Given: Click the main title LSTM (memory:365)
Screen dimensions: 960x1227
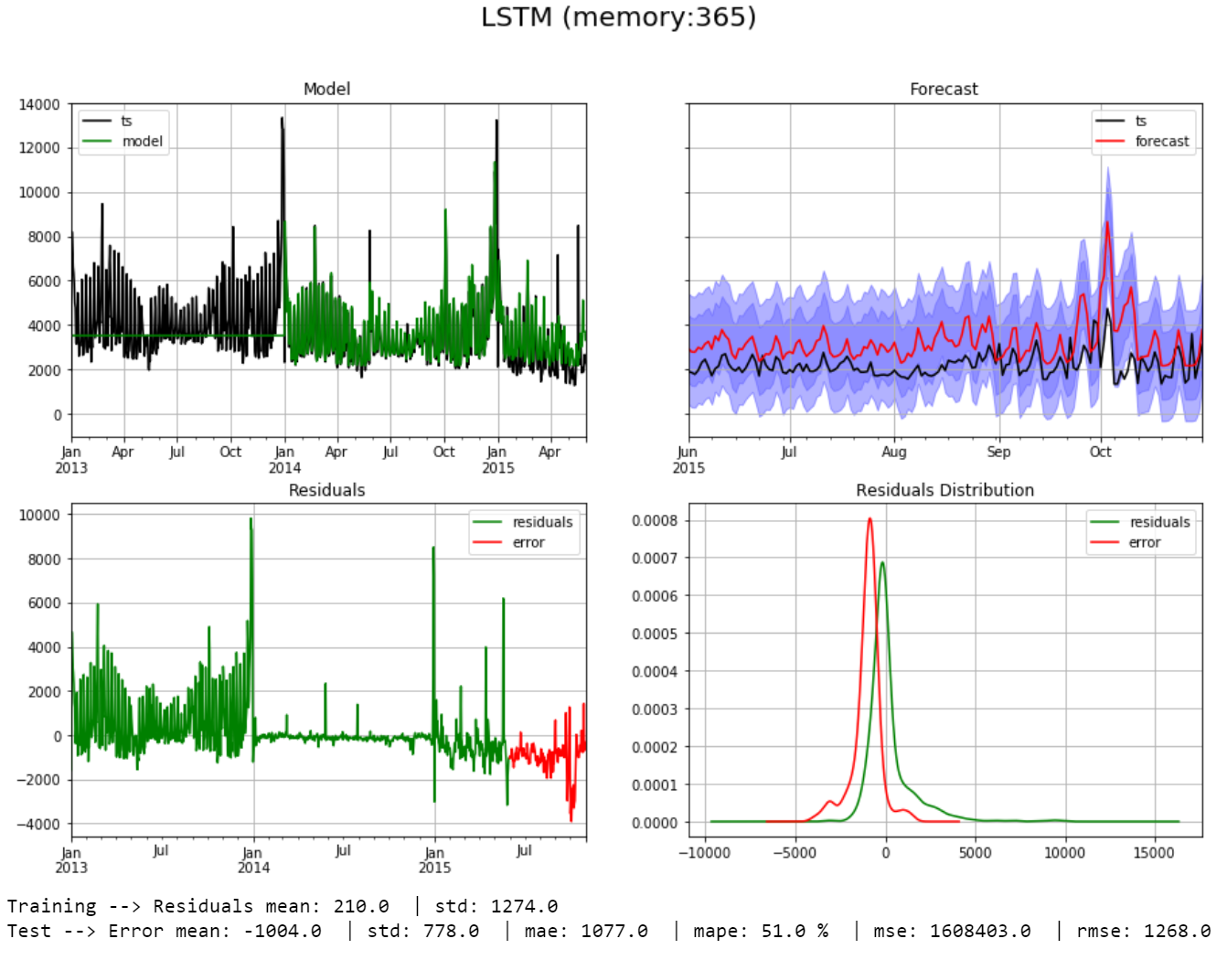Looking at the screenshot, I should tap(618, 17).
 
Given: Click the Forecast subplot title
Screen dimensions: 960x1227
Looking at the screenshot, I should tap(944, 89).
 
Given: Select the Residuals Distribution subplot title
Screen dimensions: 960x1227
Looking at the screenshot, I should tap(944, 490).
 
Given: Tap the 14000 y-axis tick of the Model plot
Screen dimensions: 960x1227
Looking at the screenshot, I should tap(39, 105).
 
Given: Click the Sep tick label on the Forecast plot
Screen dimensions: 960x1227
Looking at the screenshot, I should tap(998, 452).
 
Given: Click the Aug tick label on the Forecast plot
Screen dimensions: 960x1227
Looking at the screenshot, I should tap(894, 452).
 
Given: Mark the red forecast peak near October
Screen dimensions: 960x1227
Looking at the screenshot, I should tap(1107, 222).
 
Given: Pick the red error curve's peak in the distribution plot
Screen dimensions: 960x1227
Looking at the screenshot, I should tap(870, 519).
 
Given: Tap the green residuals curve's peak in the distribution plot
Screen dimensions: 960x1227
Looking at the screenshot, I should tap(882, 563).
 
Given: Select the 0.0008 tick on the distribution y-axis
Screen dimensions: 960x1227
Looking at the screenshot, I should tap(655, 521).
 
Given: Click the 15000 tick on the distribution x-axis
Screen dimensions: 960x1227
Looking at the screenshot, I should tap(1154, 853).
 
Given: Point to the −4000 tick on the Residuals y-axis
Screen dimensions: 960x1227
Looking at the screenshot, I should tap(38, 825).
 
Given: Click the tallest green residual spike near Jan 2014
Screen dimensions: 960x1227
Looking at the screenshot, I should tap(251, 519).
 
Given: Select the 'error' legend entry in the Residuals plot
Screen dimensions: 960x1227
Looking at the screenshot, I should tap(528, 542).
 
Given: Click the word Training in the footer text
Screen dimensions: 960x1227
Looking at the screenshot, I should tap(51, 906).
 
